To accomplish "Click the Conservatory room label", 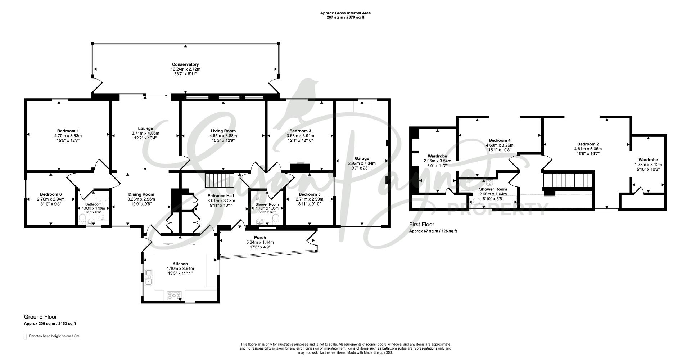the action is [x=185, y=64].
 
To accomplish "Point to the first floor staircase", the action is [x=567, y=180].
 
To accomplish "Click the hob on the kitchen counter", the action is [x=175, y=295].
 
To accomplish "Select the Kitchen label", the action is [x=180, y=264].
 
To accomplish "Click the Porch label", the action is [x=260, y=238].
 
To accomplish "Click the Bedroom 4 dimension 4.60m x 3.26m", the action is [x=500, y=145].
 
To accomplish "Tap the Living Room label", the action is [x=223, y=131].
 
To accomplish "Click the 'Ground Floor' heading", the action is [x=40, y=317].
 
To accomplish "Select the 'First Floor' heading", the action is [x=422, y=224].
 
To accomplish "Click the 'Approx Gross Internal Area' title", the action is [x=345, y=13].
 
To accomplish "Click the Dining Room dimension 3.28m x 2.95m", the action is [x=141, y=199].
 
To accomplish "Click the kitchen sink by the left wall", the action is [x=149, y=276].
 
